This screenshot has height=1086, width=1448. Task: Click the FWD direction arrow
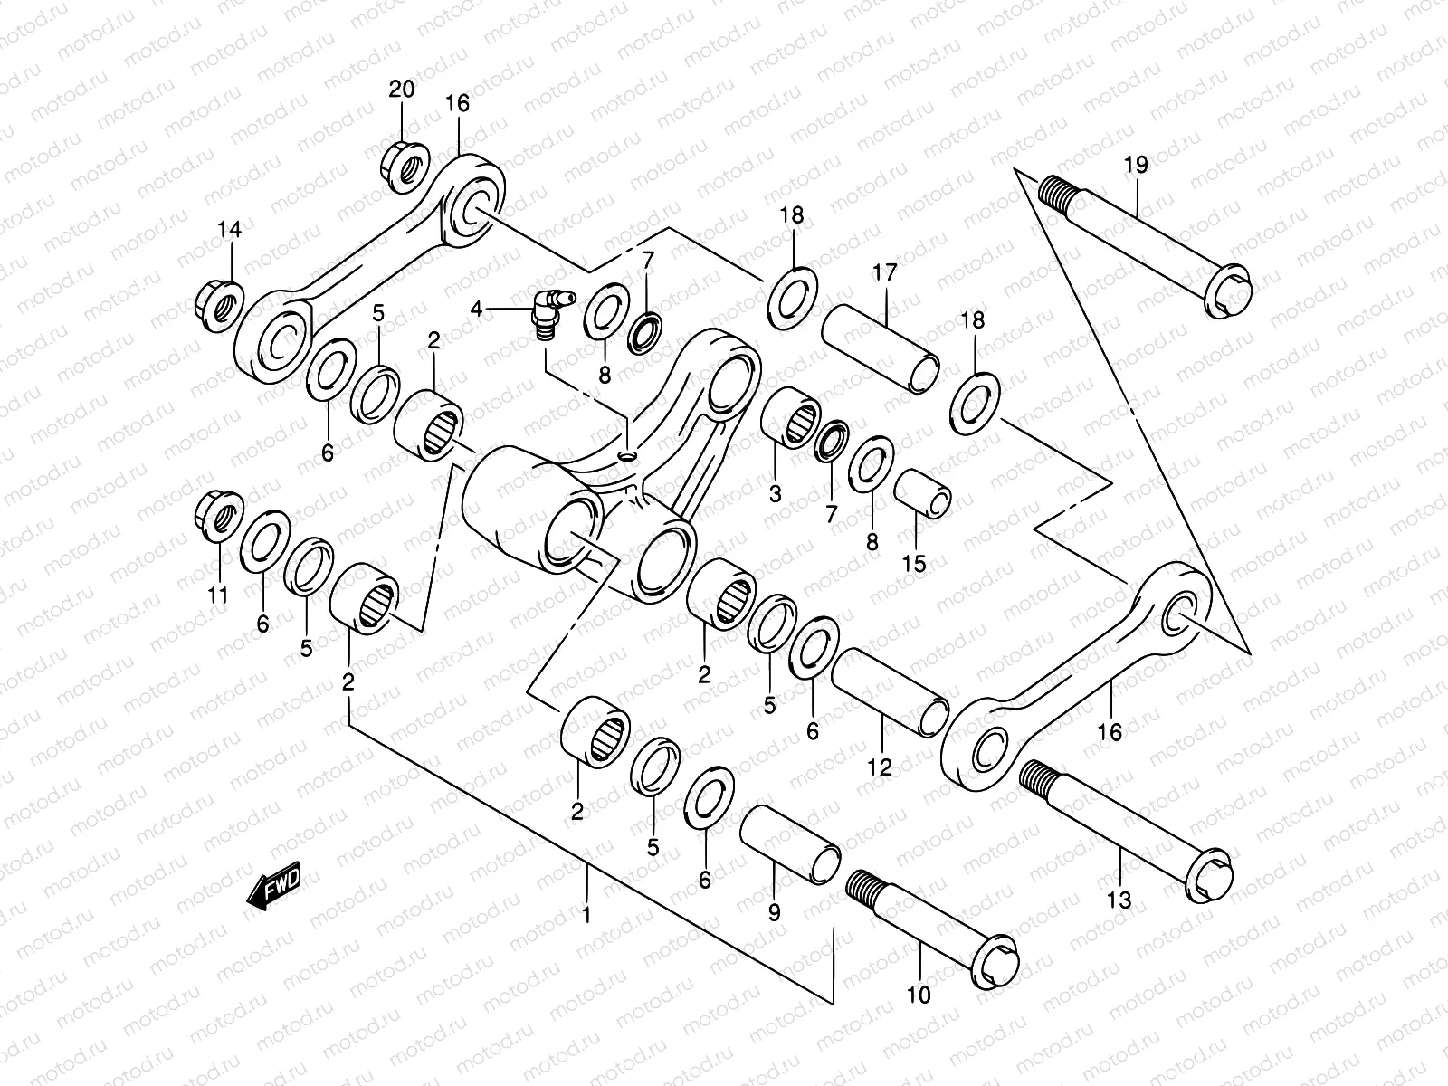(272, 889)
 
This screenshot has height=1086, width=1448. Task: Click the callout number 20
(402, 90)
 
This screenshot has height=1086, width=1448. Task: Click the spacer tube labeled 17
(880, 348)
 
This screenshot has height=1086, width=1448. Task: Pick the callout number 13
(1119, 900)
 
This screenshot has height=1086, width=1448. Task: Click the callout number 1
(586, 915)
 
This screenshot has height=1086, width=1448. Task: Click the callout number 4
(477, 310)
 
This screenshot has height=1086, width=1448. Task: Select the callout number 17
(884, 272)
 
